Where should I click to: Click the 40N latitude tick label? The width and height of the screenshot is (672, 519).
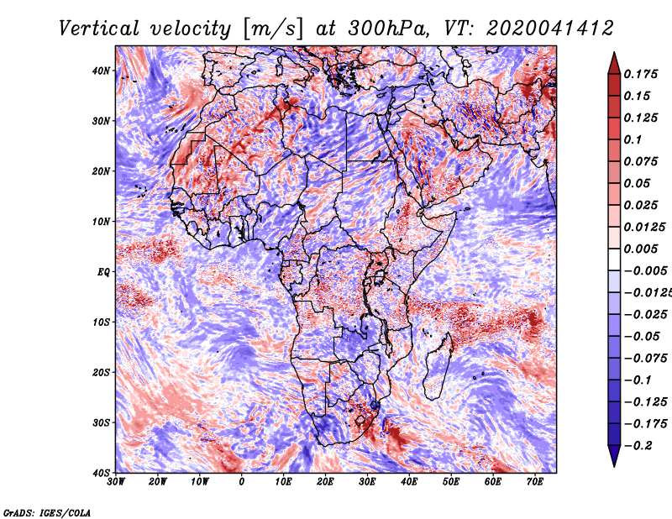click(x=101, y=71)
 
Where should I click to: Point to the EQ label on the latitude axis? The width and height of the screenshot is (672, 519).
click(x=103, y=272)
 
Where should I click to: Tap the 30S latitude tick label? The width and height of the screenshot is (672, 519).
click(x=101, y=423)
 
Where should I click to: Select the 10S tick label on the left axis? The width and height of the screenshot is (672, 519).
click(x=101, y=322)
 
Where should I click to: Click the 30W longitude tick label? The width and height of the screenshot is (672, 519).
click(x=116, y=482)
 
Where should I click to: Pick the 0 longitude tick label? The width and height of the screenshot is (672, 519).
click(x=242, y=482)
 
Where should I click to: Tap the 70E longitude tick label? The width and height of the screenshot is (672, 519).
click(x=535, y=482)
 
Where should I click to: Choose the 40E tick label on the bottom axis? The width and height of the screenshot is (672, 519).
click(x=409, y=482)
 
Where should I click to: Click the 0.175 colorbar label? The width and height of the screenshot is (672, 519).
click(x=641, y=75)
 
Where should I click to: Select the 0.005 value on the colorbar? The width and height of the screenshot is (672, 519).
click(x=641, y=249)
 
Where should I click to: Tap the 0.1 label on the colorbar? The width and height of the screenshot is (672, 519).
click(x=633, y=139)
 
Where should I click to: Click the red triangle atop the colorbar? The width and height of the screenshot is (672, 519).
click(x=614, y=65)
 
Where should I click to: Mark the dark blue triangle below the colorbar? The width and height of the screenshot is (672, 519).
click(x=614, y=456)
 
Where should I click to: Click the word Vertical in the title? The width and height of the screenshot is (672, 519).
click(x=98, y=29)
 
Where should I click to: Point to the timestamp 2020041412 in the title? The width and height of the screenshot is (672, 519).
click(x=550, y=29)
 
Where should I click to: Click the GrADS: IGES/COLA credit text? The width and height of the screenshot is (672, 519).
click(x=47, y=512)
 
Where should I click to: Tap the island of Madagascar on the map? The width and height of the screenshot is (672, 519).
click(x=438, y=366)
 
